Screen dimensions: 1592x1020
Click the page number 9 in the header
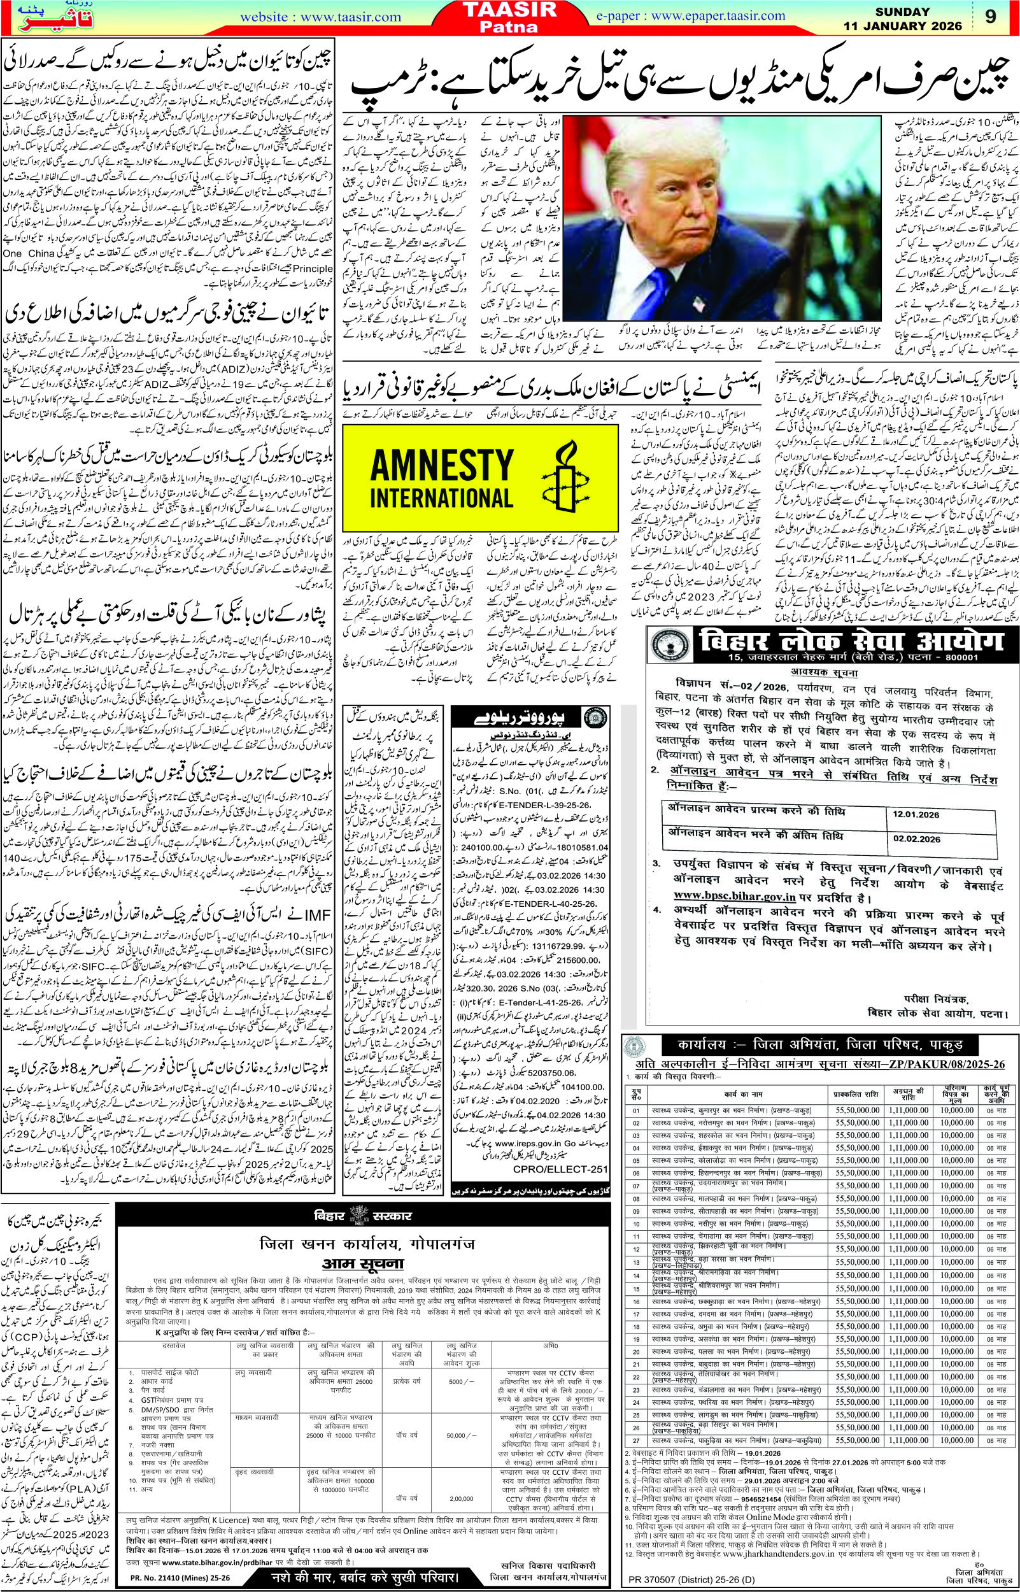pos(990,17)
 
